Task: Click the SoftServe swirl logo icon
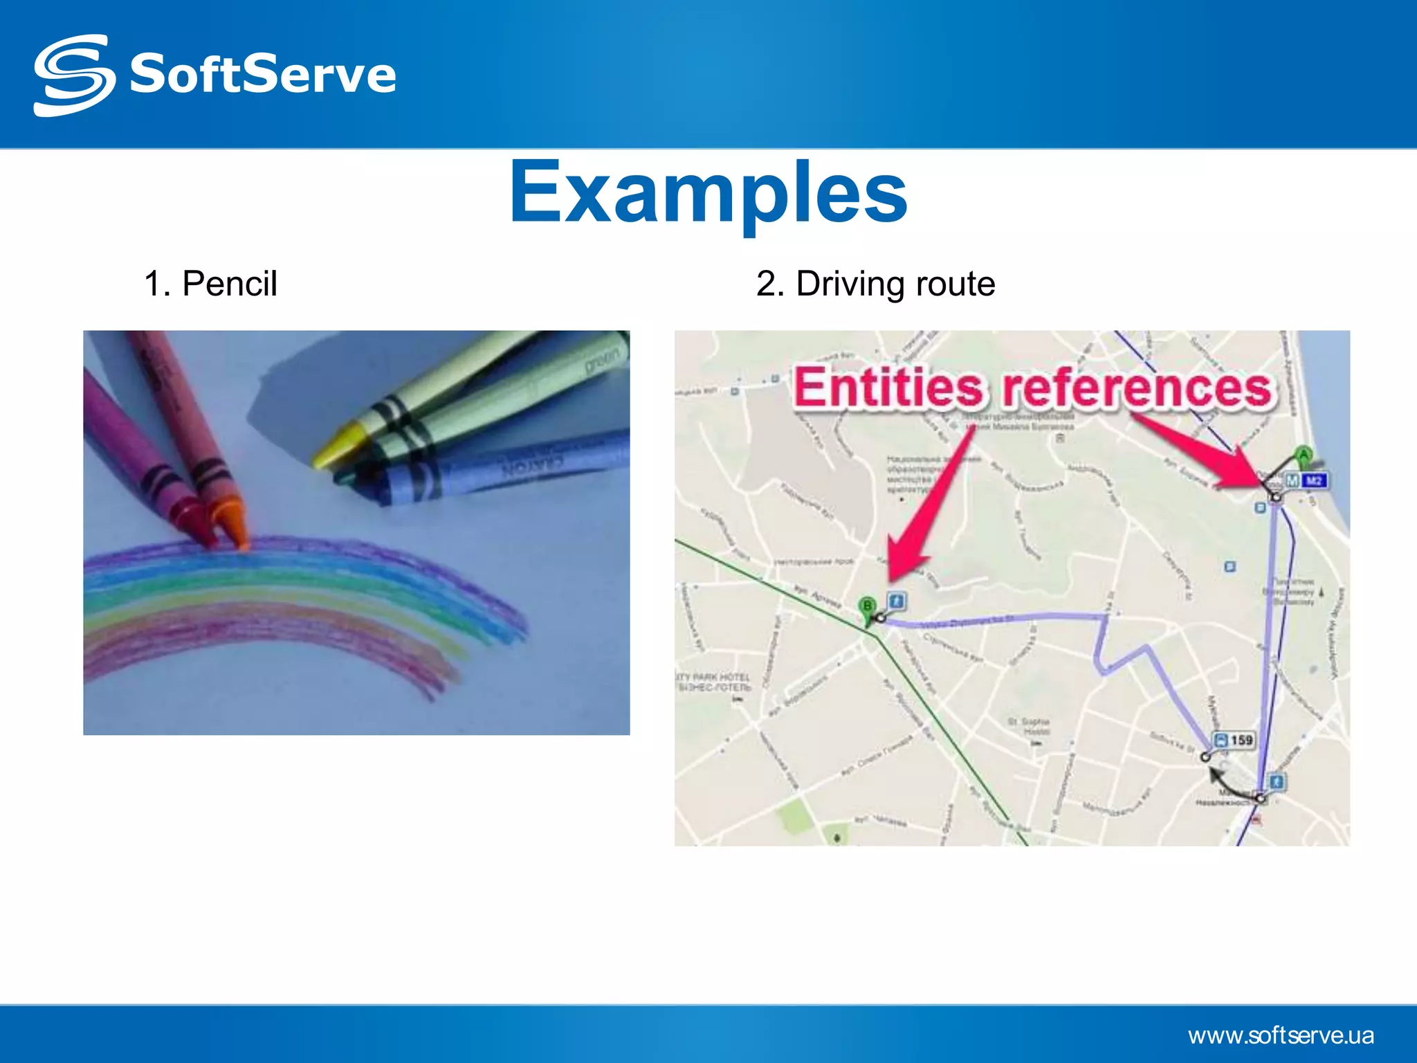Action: [x=73, y=75]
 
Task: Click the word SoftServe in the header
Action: [x=263, y=75]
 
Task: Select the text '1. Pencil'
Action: [x=210, y=284]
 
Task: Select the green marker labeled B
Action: [x=867, y=607]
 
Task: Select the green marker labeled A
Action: [x=1304, y=455]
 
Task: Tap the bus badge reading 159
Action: [x=1234, y=740]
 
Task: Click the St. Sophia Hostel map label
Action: [x=1028, y=726]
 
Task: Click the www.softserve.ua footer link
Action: [x=1281, y=1035]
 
